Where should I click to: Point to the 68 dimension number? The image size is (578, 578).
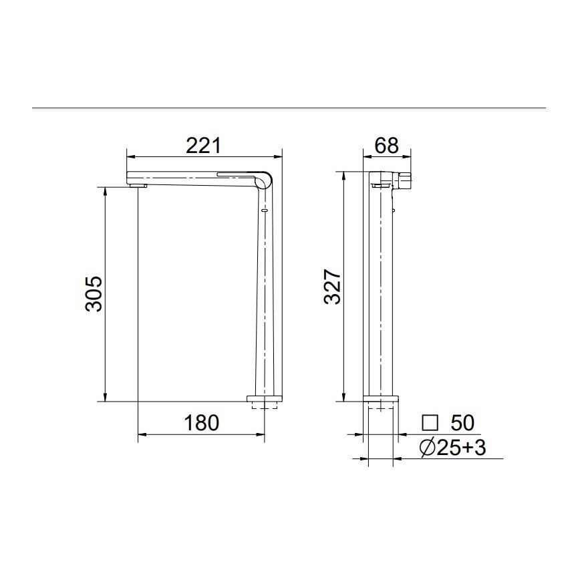(x=387, y=144)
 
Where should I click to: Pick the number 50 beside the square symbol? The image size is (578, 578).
(x=462, y=423)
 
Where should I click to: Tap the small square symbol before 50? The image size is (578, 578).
(x=430, y=423)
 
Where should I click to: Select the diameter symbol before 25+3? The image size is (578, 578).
(x=428, y=448)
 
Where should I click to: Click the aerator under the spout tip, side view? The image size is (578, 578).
(x=138, y=185)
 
